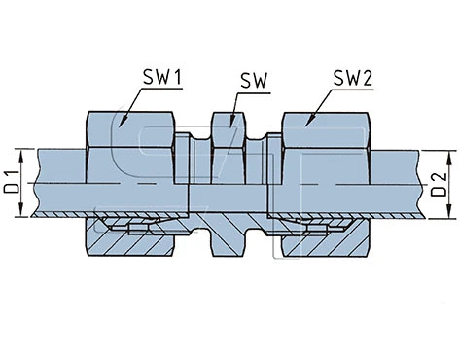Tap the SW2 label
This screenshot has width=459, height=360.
354,78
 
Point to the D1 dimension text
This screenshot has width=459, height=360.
13,181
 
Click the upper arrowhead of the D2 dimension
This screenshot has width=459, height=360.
451,154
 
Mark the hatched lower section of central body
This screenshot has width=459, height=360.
229,234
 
